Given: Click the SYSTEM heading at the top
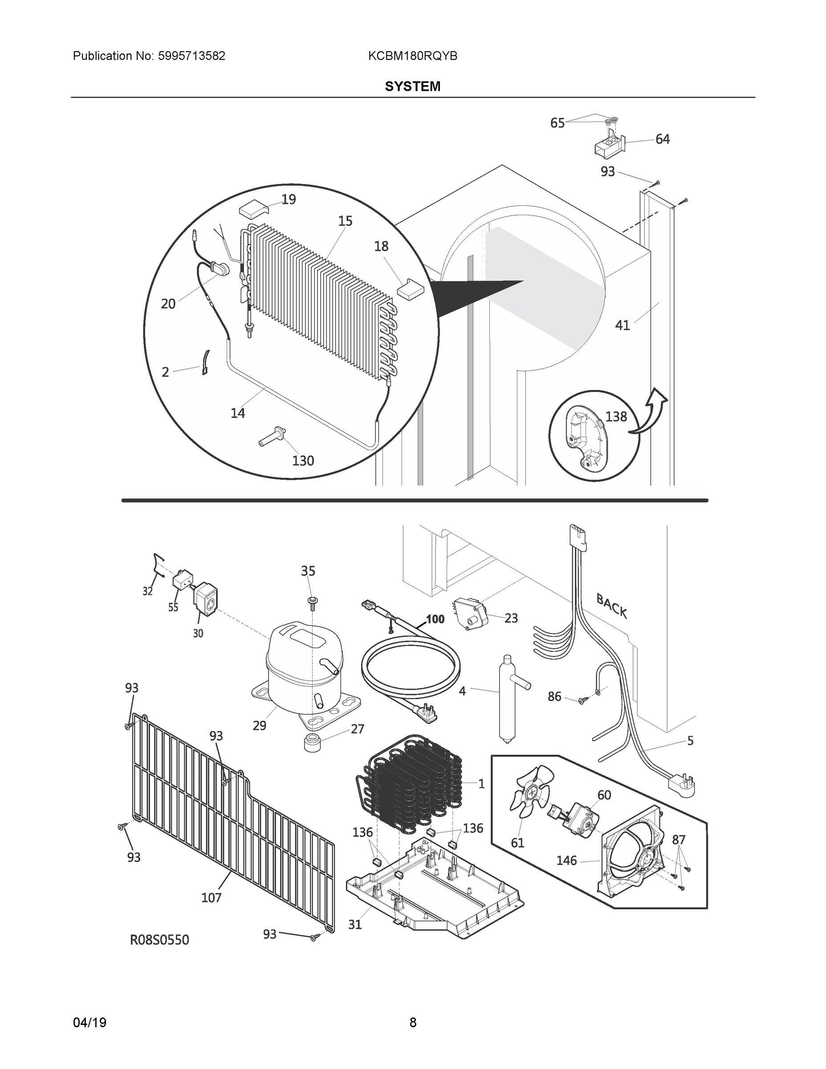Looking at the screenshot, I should point(412,87).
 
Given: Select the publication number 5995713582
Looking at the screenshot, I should point(191,56).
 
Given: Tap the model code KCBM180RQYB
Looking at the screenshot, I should point(412,56).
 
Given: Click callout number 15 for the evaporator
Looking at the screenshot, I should point(345,221).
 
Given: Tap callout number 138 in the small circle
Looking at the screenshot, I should point(615,416).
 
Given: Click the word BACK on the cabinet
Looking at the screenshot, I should point(611,606).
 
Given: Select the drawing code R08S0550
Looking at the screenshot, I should point(159,939).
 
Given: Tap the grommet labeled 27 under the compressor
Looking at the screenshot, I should point(312,743).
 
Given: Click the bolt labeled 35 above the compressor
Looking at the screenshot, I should point(311,602).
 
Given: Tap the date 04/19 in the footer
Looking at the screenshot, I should point(90,1023).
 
